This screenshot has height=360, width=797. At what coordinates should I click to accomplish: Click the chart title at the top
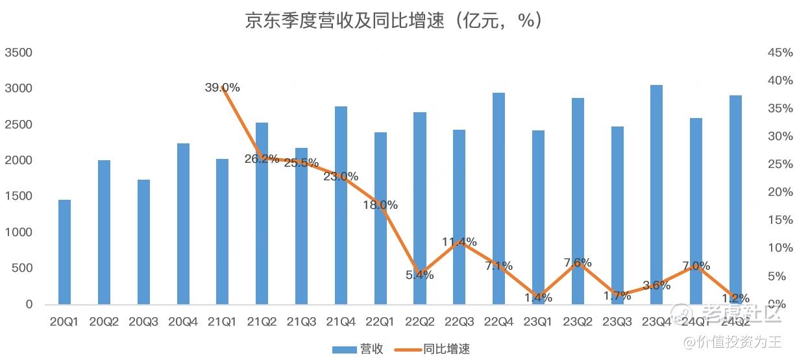point(393,21)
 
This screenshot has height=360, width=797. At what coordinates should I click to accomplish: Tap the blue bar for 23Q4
point(656,195)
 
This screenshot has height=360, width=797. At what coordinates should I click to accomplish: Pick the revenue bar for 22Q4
point(498,198)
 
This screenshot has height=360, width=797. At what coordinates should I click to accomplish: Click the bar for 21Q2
point(262,213)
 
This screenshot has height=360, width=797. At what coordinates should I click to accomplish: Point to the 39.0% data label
point(223,88)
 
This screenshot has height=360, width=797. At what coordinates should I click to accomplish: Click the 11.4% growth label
point(460,242)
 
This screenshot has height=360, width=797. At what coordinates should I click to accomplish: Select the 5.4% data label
point(420,275)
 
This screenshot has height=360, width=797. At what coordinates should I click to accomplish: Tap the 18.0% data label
point(380,205)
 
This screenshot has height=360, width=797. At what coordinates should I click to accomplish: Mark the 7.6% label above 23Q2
point(578,263)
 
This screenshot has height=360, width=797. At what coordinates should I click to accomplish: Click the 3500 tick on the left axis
point(19,53)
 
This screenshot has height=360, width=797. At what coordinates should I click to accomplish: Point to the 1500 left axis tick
point(19,197)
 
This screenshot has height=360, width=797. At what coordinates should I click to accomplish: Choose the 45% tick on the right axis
point(779,53)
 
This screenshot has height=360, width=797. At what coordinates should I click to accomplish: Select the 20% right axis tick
point(779,192)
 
